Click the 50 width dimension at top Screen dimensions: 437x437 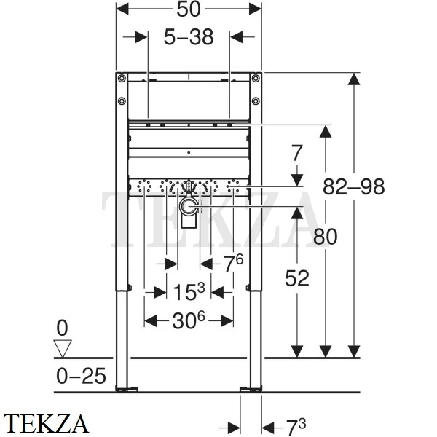click(x=189, y=9)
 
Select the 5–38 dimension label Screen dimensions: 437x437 click(x=189, y=37)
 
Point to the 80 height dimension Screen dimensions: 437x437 click(x=325, y=236)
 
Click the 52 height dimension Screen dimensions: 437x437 click(x=296, y=278)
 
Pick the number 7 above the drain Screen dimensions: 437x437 click(x=296, y=154)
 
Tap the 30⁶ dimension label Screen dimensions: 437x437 click(x=189, y=320)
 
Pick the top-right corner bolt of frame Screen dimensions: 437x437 click(x=256, y=78)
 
